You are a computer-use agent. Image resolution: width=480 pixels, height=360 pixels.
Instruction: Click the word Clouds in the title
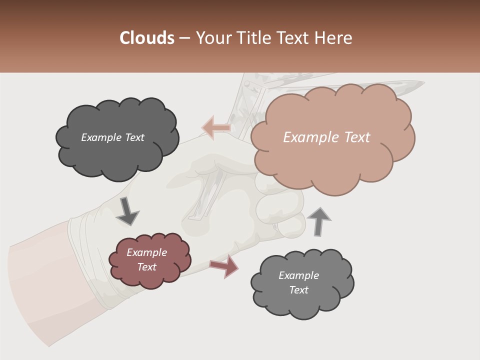(147, 38)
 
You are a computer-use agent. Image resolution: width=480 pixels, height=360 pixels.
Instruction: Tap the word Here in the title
(333, 38)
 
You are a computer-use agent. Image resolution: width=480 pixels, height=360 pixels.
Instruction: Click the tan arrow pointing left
(216, 128)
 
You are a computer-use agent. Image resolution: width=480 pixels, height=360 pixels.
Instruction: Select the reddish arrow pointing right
(224, 266)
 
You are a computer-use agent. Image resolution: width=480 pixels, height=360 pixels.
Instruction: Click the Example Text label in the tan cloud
(326, 137)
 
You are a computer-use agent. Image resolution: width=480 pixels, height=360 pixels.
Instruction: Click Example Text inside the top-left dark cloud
(112, 137)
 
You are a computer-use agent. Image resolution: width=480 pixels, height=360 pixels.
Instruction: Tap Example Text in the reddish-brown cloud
(147, 260)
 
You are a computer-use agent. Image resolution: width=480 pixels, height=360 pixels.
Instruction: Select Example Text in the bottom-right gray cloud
(299, 283)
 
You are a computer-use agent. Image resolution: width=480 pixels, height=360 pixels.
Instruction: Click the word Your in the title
(213, 38)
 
